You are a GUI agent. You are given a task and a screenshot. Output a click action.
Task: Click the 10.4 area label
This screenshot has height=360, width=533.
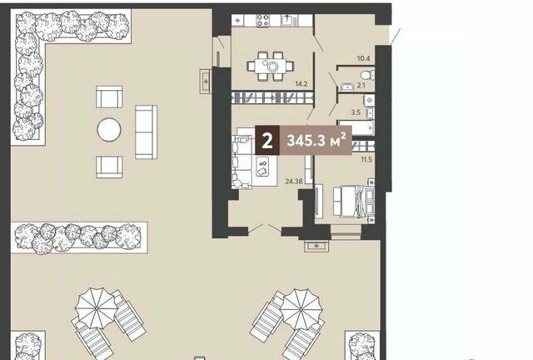[x=363, y=58]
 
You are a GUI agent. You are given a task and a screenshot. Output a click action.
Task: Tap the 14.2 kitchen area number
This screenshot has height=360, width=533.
[x=301, y=83]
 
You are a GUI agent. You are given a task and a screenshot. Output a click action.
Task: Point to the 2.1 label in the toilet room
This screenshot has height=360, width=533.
[x=361, y=85]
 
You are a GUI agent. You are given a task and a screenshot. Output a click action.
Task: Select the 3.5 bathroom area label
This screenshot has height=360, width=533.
[x=356, y=112]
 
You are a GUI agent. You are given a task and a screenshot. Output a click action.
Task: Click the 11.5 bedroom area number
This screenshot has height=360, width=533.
[x=366, y=159]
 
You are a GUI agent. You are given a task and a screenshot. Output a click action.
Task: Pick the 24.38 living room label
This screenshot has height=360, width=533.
[x=294, y=182]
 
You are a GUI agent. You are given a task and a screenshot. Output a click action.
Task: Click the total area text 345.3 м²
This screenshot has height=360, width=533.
[x=316, y=140]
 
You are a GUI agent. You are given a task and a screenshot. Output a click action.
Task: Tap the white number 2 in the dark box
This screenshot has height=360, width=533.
[x=267, y=140]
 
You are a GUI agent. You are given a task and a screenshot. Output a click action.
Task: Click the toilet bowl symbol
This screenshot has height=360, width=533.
[x=368, y=74]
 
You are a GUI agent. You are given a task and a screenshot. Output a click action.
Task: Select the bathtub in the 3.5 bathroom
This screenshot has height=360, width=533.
[x=356, y=127]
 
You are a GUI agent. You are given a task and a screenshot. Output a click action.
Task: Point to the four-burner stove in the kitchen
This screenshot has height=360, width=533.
[x=263, y=20]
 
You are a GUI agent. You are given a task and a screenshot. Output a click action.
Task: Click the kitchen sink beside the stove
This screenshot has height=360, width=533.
[x=288, y=20]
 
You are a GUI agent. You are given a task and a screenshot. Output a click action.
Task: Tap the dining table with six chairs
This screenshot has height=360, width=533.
[x=271, y=66]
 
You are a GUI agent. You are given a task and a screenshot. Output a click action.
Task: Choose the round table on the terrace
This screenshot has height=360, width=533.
[x=109, y=130]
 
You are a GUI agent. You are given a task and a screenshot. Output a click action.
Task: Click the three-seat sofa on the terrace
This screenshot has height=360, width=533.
[x=147, y=132]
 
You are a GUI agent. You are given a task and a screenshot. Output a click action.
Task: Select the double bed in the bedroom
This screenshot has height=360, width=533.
[x=353, y=202]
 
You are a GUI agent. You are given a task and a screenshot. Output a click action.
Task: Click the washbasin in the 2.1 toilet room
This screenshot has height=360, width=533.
[x=347, y=87]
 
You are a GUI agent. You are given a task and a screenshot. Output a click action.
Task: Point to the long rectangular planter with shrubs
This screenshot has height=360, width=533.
[x=79, y=237]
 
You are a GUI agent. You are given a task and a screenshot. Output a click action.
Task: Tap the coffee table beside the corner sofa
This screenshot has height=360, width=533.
[x=262, y=167]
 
